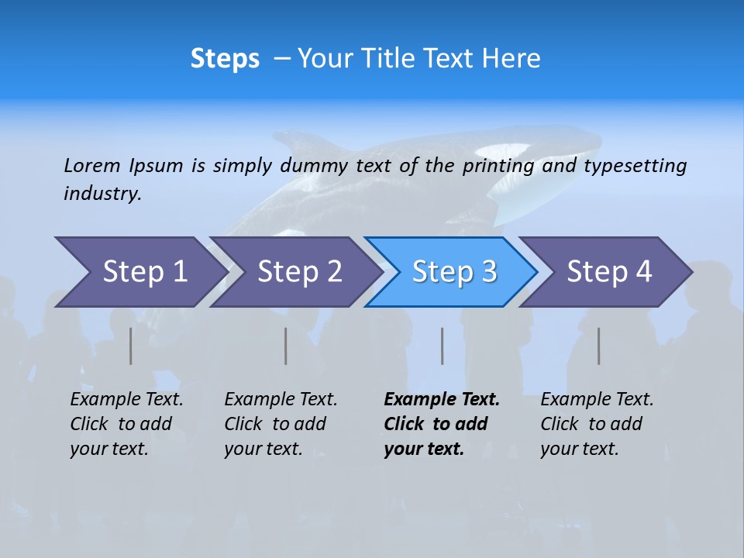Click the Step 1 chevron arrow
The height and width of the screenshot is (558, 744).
tap(139, 272)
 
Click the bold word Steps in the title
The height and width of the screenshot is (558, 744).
tap(225, 58)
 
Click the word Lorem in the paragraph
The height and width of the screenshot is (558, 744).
tap(92, 165)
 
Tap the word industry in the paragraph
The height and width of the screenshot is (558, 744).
tap(102, 194)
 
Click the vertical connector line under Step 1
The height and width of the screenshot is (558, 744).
tap(130, 346)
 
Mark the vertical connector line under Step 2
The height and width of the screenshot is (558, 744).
tap(286, 346)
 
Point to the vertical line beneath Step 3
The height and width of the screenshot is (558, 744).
tap(442, 346)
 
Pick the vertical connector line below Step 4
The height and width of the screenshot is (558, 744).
tap(598, 346)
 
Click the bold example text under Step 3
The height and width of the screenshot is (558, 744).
tap(441, 424)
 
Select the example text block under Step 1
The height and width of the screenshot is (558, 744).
tap(126, 424)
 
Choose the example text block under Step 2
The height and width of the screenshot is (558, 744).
tap(280, 424)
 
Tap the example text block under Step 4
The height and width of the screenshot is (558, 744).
tap(596, 424)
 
